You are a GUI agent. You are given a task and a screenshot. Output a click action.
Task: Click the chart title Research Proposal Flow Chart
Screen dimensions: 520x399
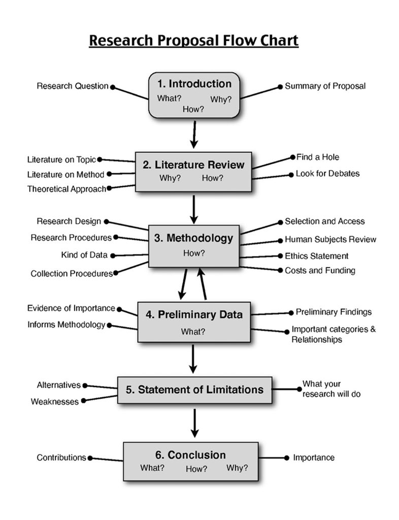tap(193, 40)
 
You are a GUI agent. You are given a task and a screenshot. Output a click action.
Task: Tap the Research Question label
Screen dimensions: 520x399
tap(72, 86)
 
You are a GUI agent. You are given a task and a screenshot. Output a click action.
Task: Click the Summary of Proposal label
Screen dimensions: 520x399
tap(325, 86)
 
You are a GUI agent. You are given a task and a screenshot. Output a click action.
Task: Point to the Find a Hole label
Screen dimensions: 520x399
tap(318, 157)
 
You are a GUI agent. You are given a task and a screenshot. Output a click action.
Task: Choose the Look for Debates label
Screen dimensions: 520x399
tap(327, 174)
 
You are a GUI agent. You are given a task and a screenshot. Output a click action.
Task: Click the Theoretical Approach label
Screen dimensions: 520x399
tap(66, 189)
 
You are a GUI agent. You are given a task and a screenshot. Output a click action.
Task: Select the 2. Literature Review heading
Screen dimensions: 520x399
tap(193, 165)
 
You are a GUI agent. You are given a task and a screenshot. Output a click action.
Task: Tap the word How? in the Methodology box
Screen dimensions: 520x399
tap(194, 253)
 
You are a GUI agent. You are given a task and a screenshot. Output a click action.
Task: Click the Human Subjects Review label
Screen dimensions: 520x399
tap(330, 239)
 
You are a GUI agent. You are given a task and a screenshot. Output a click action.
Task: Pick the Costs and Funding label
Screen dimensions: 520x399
tap(320, 271)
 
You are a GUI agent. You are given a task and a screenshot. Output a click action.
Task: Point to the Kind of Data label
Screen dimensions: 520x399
tap(84, 255)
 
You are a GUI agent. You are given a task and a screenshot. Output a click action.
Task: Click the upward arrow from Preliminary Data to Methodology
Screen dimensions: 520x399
tap(203, 284)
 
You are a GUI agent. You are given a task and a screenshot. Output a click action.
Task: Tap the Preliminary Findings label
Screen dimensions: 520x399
tap(334, 312)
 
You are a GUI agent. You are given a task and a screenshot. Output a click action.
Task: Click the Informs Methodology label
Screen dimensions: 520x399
tap(66, 324)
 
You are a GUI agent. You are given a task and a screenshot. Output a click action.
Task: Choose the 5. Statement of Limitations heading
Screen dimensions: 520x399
tap(194, 389)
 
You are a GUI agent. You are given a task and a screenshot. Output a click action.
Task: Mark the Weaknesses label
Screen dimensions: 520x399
tap(55, 402)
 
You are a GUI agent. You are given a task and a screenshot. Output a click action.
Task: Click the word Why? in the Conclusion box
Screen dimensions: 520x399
tap(237, 468)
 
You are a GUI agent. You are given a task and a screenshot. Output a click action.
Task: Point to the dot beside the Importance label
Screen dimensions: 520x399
tap(287, 458)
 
